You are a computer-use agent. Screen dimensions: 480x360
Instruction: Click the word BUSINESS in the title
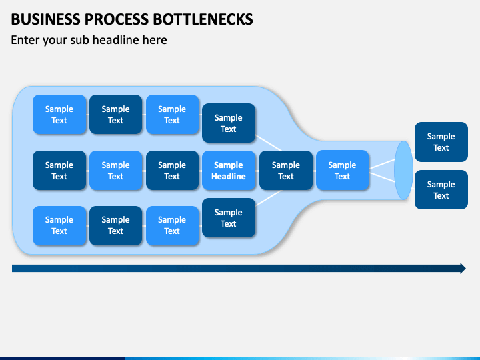pos(45,19)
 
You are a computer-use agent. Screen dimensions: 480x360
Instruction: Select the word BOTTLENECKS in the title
pos(203,19)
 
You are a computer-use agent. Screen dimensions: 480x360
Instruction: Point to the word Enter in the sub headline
pos(25,40)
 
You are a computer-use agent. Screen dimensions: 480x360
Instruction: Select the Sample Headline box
pos(229,171)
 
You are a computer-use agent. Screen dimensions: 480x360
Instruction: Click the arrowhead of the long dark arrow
pos(463,269)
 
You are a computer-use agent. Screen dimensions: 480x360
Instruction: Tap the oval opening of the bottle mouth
pos(403,170)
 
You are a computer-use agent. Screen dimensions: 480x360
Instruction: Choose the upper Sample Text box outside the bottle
pos(441,142)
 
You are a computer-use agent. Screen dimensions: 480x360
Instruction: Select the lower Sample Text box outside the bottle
pos(441,190)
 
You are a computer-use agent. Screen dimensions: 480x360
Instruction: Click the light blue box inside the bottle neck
pos(342,171)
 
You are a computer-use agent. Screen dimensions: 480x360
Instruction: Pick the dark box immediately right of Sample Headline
pos(286,171)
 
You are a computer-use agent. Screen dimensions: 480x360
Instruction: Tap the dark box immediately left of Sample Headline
pos(172,171)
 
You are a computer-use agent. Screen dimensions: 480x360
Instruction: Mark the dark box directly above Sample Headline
pos(229,123)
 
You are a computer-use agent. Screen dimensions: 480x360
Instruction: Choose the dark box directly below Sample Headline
pos(229,217)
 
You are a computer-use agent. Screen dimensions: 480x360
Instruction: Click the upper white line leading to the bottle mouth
pos(382,164)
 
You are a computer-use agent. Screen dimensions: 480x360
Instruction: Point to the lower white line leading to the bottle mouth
pos(382,177)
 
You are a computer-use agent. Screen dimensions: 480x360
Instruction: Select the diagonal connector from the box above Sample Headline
pos(268,143)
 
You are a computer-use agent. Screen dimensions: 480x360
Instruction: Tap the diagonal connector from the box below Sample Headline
pos(268,198)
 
